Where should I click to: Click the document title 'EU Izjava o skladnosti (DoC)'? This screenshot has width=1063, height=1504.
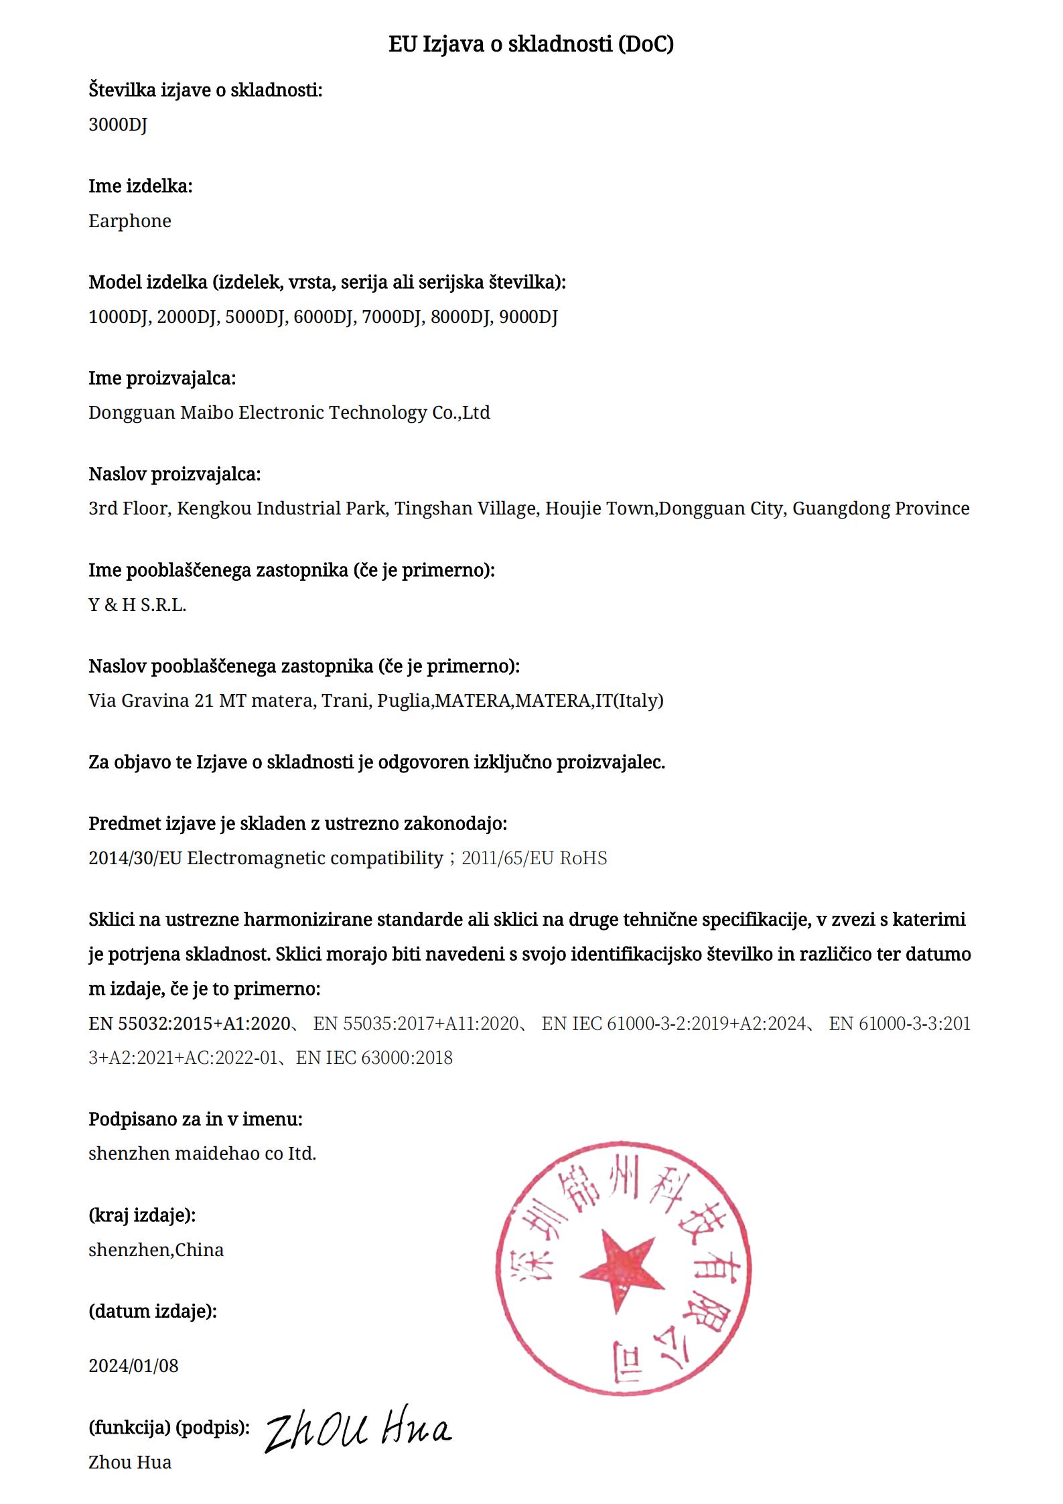pyautogui.click(x=531, y=44)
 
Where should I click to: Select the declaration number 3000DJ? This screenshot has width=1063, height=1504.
pyautogui.click(x=118, y=125)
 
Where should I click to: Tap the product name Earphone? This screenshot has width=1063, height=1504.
pyautogui.click(x=130, y=221)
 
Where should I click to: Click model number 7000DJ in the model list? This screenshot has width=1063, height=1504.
pyautogui.click(x=392, y=317)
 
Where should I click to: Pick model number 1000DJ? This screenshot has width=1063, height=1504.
pyautogui.click(x=118, y=317)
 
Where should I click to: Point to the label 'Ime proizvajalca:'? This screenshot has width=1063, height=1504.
pyautogui.click(x=162, y=378)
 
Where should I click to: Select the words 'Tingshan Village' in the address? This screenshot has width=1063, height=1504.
pyautogui.click(x=466, y=508)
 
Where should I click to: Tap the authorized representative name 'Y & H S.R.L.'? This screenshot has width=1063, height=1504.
pyautogui.click(x=137, y=605)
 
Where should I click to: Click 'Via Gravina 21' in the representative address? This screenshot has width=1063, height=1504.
pyautogui.click(x=151, y=701)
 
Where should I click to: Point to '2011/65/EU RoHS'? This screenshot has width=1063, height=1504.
pyautogui.click(x=535, y=858)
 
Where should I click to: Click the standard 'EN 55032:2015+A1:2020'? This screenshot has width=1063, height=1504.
pyautogui.click(x=189, y=1023)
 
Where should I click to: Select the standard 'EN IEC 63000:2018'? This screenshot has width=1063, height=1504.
pyautogui.click(x=374, y=1058)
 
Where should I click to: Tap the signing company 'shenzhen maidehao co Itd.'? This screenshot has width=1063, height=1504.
pyautogui.click(x=202, y=1153)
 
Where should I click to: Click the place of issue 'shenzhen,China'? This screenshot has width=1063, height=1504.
pyautogui.click(x=156, y=1249)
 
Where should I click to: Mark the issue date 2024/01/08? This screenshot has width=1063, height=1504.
pyautogui.click(x=133, y=1365)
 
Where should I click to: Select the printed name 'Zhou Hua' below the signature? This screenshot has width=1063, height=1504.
pyautogui.click(x=130, y=1462)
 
